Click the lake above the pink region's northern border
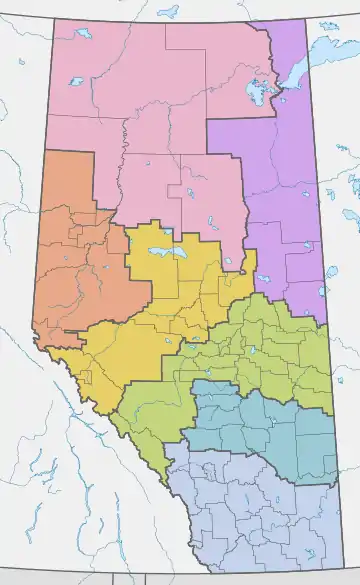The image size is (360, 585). tap(168, 13)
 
